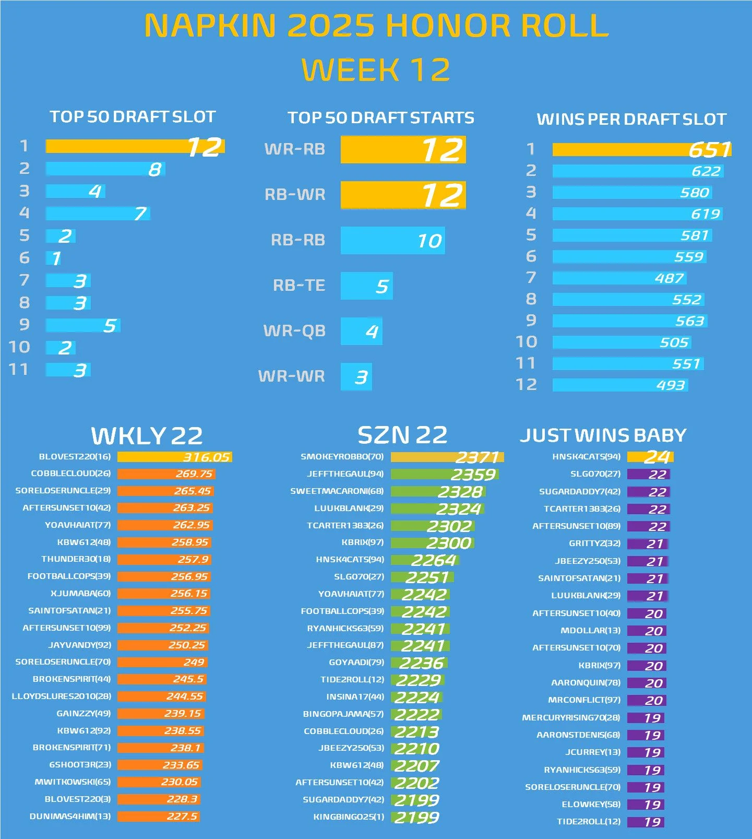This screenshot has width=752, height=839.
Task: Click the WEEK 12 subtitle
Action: tap(376, 70)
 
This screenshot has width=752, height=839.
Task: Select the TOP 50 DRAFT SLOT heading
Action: tap(133, 116)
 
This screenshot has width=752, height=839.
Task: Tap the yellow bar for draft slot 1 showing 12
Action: tap(135, 147)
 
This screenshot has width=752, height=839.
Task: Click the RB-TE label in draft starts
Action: tap(299, 285)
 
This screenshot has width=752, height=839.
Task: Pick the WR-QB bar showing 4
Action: tap(361, 331)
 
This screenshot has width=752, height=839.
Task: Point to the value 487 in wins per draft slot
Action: tap(669, 278)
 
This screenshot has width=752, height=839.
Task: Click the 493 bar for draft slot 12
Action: tap(620, 385)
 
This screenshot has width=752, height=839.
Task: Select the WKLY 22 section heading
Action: tap(147, 435)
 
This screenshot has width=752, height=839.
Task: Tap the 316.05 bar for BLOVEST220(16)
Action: tap(174, 457)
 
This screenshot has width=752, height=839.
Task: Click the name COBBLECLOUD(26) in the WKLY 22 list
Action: tap(71, 474)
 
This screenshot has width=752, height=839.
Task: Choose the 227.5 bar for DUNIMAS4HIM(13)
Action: tap(159, 816)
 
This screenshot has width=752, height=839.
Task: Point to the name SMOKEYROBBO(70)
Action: tap(342, 457)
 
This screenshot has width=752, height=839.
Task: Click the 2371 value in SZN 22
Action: tap(477, 457)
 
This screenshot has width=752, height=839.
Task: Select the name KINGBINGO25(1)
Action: tap(348, 817)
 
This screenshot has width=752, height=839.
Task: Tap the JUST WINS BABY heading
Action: tap(603, 435)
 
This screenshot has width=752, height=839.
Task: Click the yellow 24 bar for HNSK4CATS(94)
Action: tap(650, 457)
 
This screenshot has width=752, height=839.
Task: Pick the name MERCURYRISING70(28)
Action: tap(571, 718)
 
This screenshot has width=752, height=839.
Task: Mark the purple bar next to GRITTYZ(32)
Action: tap(648, 544)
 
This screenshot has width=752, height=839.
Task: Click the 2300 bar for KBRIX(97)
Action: tap(432, 543)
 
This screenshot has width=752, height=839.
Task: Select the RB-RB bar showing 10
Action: tap(392, 240)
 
